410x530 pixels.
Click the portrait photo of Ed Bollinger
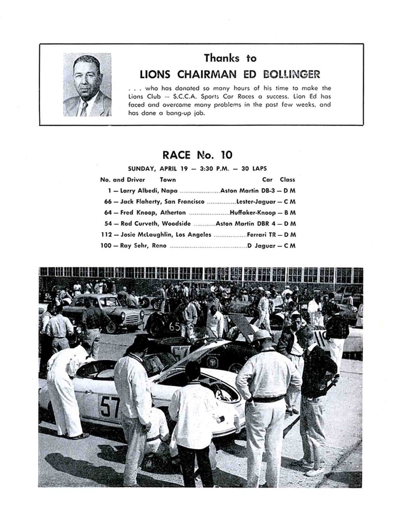[87, 85]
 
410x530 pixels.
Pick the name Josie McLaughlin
[147, 235]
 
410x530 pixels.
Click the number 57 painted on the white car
[109, 406]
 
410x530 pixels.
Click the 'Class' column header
[287, 180]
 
